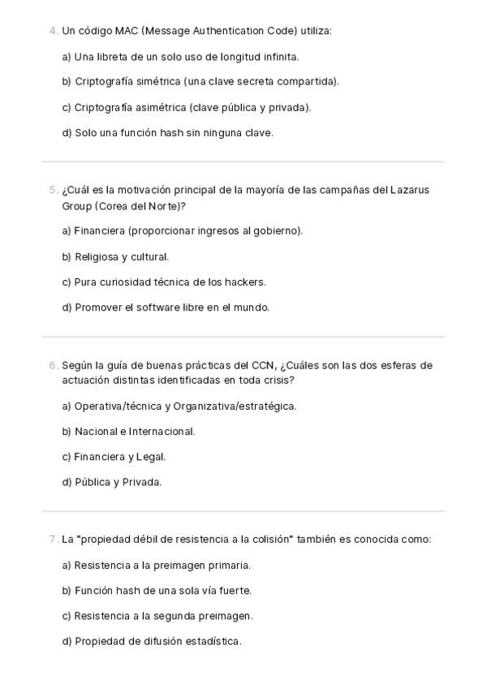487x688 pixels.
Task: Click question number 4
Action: click(53, 31)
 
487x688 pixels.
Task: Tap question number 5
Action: click(53, 190)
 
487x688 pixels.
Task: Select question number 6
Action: click(53, 365)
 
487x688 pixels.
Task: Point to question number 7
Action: click(53, 540)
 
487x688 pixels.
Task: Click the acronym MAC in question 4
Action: click(126, 31)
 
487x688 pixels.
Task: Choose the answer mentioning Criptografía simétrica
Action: click(200, 81)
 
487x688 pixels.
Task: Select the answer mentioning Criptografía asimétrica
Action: click(187, 107)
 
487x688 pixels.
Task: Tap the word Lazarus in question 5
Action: click(410, 190)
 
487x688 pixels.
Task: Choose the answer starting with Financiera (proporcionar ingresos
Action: click(183, 231)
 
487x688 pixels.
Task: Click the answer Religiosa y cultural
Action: click(115, 257)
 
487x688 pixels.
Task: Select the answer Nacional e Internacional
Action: click(128, 432)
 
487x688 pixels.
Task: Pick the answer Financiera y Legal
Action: click(114, 457)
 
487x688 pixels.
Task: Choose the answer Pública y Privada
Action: click(112, 483)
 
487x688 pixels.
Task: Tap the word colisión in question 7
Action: click(269, 540)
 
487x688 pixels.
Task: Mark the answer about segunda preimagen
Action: click(157, 616)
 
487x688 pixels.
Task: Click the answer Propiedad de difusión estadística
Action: click(152, 641)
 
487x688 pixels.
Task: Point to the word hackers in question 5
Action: click(247, 282)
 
